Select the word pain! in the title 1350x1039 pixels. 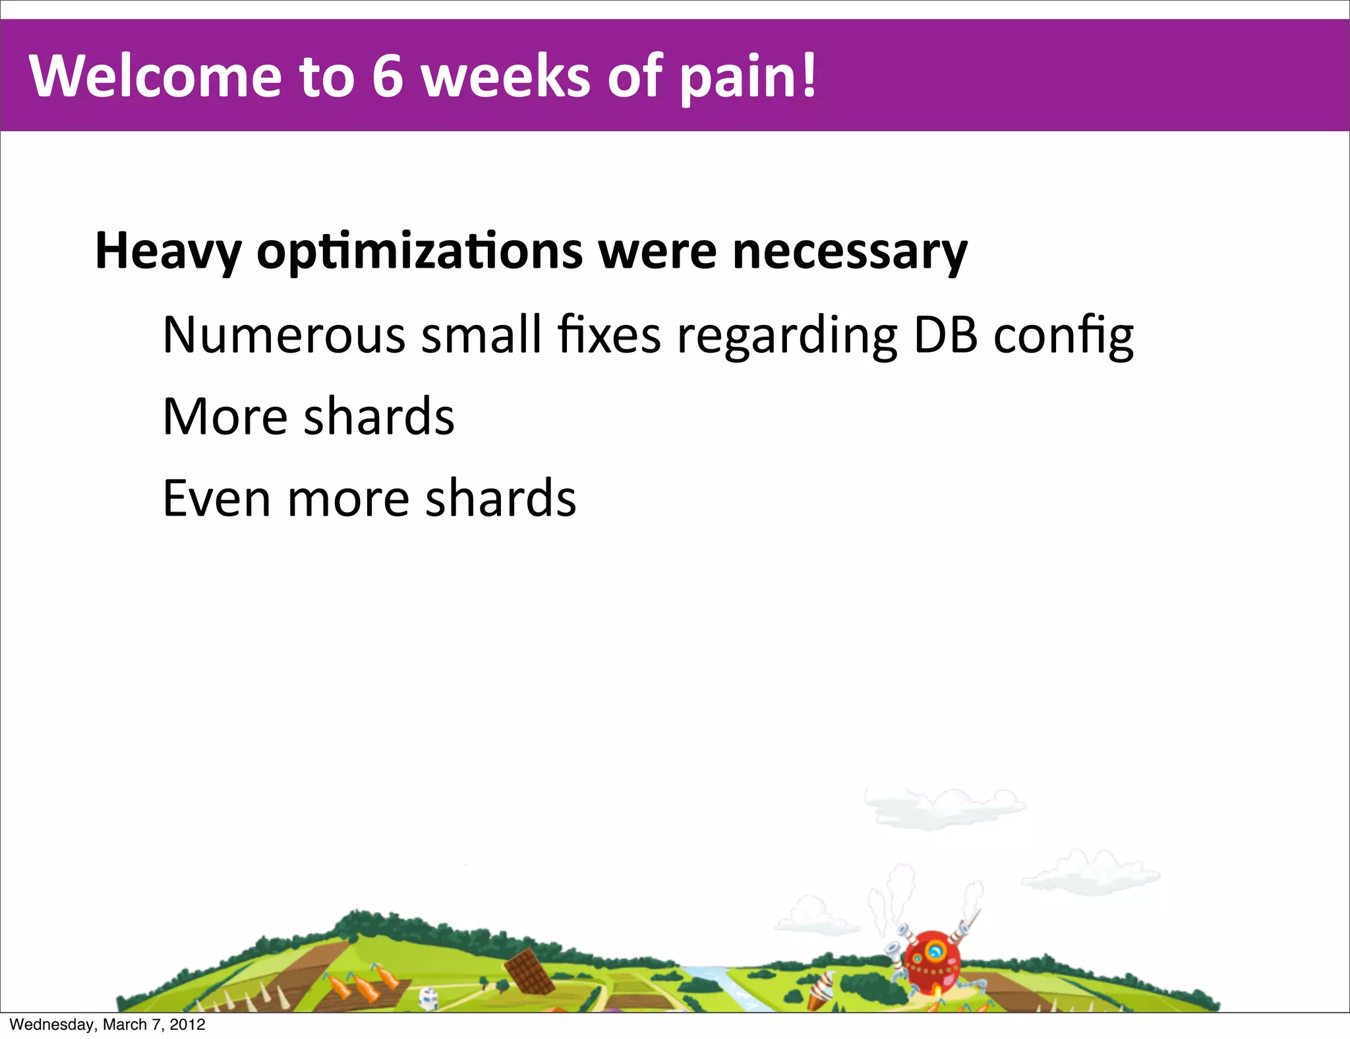[x=748, y=76]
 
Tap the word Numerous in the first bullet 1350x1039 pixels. [x=283, y=335]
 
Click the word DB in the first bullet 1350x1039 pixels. [x=945, y=335]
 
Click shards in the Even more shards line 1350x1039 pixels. [x=500, y=498]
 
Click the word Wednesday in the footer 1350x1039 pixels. [x=52, y=1024]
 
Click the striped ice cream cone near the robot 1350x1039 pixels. [x=820, y=989]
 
